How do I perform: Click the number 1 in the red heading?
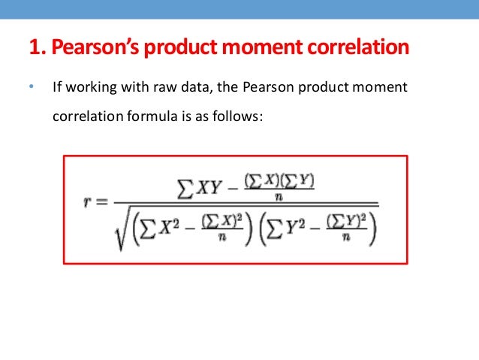33,48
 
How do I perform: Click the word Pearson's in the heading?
89,48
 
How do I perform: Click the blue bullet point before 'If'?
31,88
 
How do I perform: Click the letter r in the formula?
88,204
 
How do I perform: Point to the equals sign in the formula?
103,204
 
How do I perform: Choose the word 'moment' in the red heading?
271,48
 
